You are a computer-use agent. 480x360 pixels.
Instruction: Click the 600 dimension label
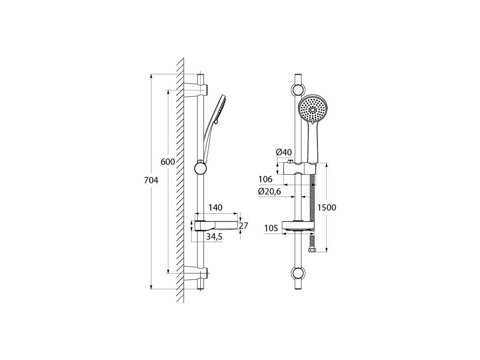tap(168, 162)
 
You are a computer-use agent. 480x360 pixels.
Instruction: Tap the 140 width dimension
tap(215, 208)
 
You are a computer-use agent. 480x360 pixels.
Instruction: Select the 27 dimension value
tap(243, 226)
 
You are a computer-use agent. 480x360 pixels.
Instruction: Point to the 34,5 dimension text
tap(214, 236)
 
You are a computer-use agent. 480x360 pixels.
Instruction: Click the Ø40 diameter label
tap(284, 152)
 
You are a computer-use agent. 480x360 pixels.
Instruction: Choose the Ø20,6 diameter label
tap(270, 192)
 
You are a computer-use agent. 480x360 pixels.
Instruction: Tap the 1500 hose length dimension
tap(326, 208)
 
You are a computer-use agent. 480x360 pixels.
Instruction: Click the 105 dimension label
tap(271, 228)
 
